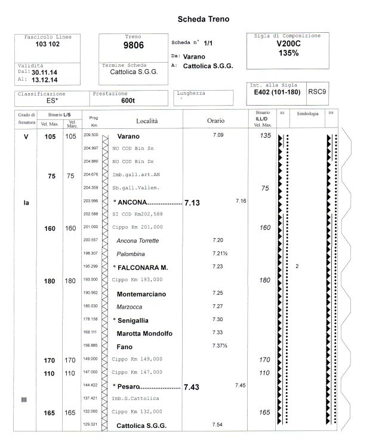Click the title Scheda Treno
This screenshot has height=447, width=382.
coord(203,20)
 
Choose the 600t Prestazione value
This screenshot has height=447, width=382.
coord(128,101)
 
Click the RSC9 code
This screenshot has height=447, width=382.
coord(316,92)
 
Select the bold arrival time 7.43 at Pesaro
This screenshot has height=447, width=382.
coord(192,387)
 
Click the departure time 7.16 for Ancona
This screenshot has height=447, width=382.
coord(241,201)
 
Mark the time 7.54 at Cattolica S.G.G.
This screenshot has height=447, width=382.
coord(217,424)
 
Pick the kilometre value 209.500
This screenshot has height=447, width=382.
coord(91,135)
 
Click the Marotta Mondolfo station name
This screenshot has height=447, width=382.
coord(144,334)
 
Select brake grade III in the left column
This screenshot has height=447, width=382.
coord(24,400)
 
